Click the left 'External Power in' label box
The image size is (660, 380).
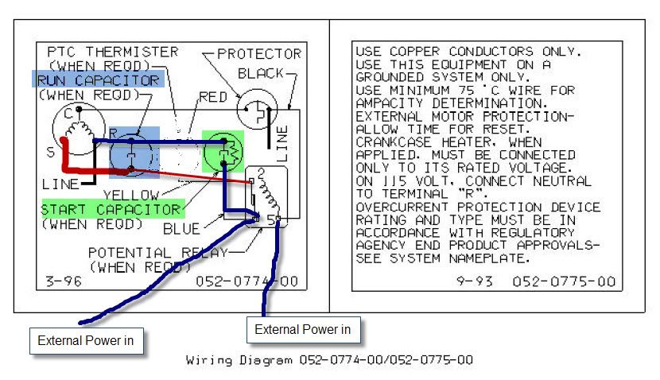(x=87, y=343)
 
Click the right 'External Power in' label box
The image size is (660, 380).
(x=303, y=328)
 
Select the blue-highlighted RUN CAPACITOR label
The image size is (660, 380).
(x=97, y=80)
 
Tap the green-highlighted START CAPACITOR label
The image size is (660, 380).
(x=112, y=210)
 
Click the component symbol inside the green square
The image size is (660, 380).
(x=225, y=149)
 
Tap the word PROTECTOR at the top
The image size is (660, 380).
(x=259, y=54)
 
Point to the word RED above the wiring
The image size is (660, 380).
(x=212, y=97)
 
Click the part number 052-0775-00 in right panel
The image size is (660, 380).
(x=563, y=281)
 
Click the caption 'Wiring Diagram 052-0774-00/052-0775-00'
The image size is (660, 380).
(x=329, y=360)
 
